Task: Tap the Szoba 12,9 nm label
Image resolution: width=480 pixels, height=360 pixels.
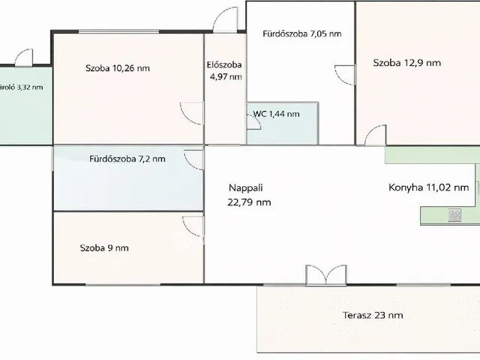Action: tap(406, 63)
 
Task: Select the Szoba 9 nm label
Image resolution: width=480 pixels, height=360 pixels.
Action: tap(104, 248)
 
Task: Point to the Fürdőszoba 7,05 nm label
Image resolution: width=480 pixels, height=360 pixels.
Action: tap(301, 34)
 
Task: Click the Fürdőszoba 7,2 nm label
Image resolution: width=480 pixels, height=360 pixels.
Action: tap(127, 159)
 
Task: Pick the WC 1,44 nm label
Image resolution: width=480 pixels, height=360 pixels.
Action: tap(276, 114)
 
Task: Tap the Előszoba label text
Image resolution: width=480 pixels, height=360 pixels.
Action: tap(223, 64)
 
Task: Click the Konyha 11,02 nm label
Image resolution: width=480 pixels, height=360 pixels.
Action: tap(428, 188)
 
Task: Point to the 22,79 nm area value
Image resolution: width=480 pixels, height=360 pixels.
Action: tap(249, 202)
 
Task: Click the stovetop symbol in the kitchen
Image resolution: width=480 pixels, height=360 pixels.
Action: tap(454, 216)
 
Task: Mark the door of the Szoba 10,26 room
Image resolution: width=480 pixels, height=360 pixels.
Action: tap(192, 112)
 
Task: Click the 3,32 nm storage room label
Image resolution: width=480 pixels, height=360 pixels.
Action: tap(22, 87)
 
